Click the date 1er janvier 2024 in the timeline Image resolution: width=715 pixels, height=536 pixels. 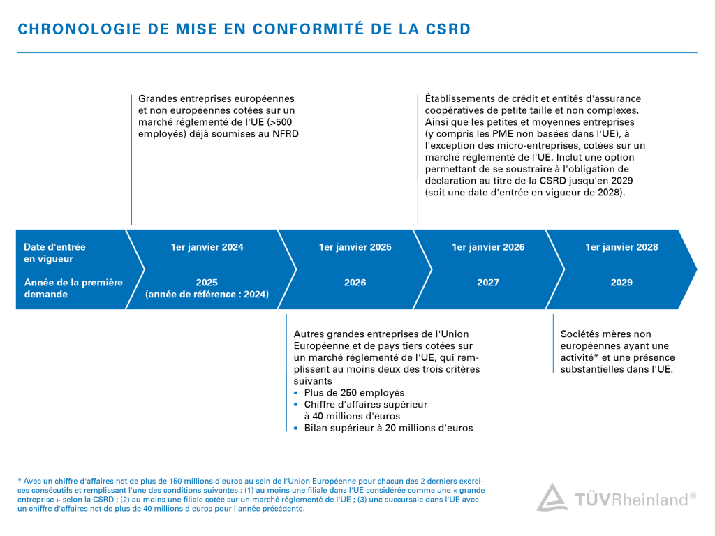[207, 247]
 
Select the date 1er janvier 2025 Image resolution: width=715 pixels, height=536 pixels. [355, 247]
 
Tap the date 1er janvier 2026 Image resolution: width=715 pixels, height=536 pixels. [488, 247]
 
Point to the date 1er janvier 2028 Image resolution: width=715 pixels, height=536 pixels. [621, 247]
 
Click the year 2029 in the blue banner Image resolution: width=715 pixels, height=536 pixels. [621, 283]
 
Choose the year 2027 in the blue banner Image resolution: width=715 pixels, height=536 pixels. [488, 283]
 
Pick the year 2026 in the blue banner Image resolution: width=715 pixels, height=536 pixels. [355, 283]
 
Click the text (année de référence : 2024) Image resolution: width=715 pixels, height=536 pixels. [207, 295]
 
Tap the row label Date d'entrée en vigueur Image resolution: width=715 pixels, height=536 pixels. [54, 253]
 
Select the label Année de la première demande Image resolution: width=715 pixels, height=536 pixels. [73, 288]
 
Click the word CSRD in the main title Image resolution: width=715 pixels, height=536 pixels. [447, 29]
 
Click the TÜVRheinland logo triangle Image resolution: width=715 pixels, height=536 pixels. [552, 498]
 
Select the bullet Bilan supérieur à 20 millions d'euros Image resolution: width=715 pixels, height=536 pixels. [388, 428]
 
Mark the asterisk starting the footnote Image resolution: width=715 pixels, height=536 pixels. [19, 481]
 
